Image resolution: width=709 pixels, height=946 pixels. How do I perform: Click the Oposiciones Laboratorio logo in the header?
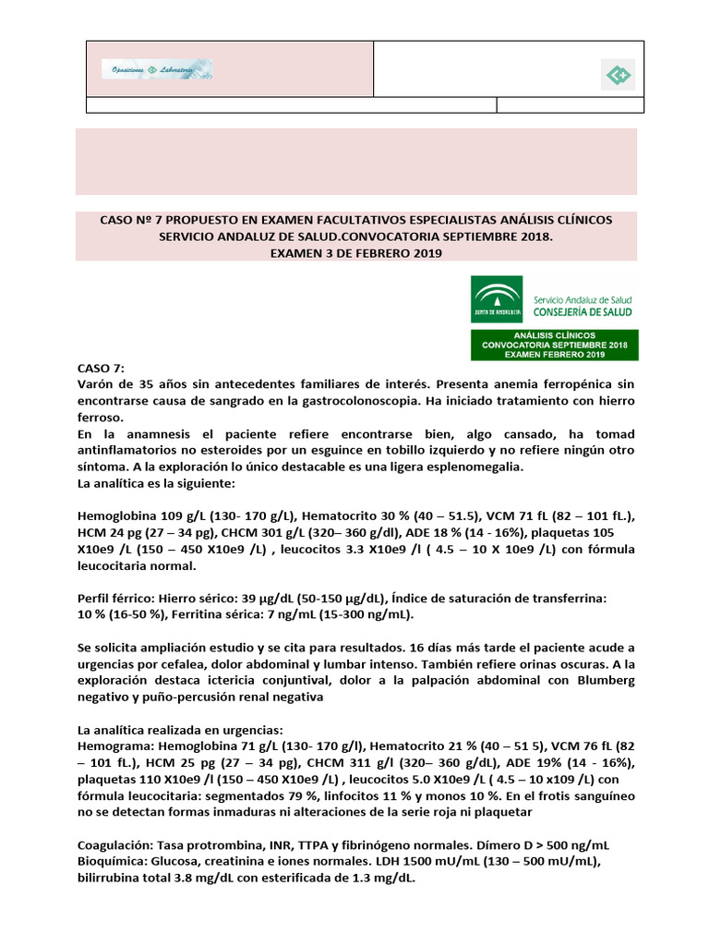(x=156, y=69)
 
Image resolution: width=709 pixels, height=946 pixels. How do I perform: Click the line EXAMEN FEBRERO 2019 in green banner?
(x=554, y=354)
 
